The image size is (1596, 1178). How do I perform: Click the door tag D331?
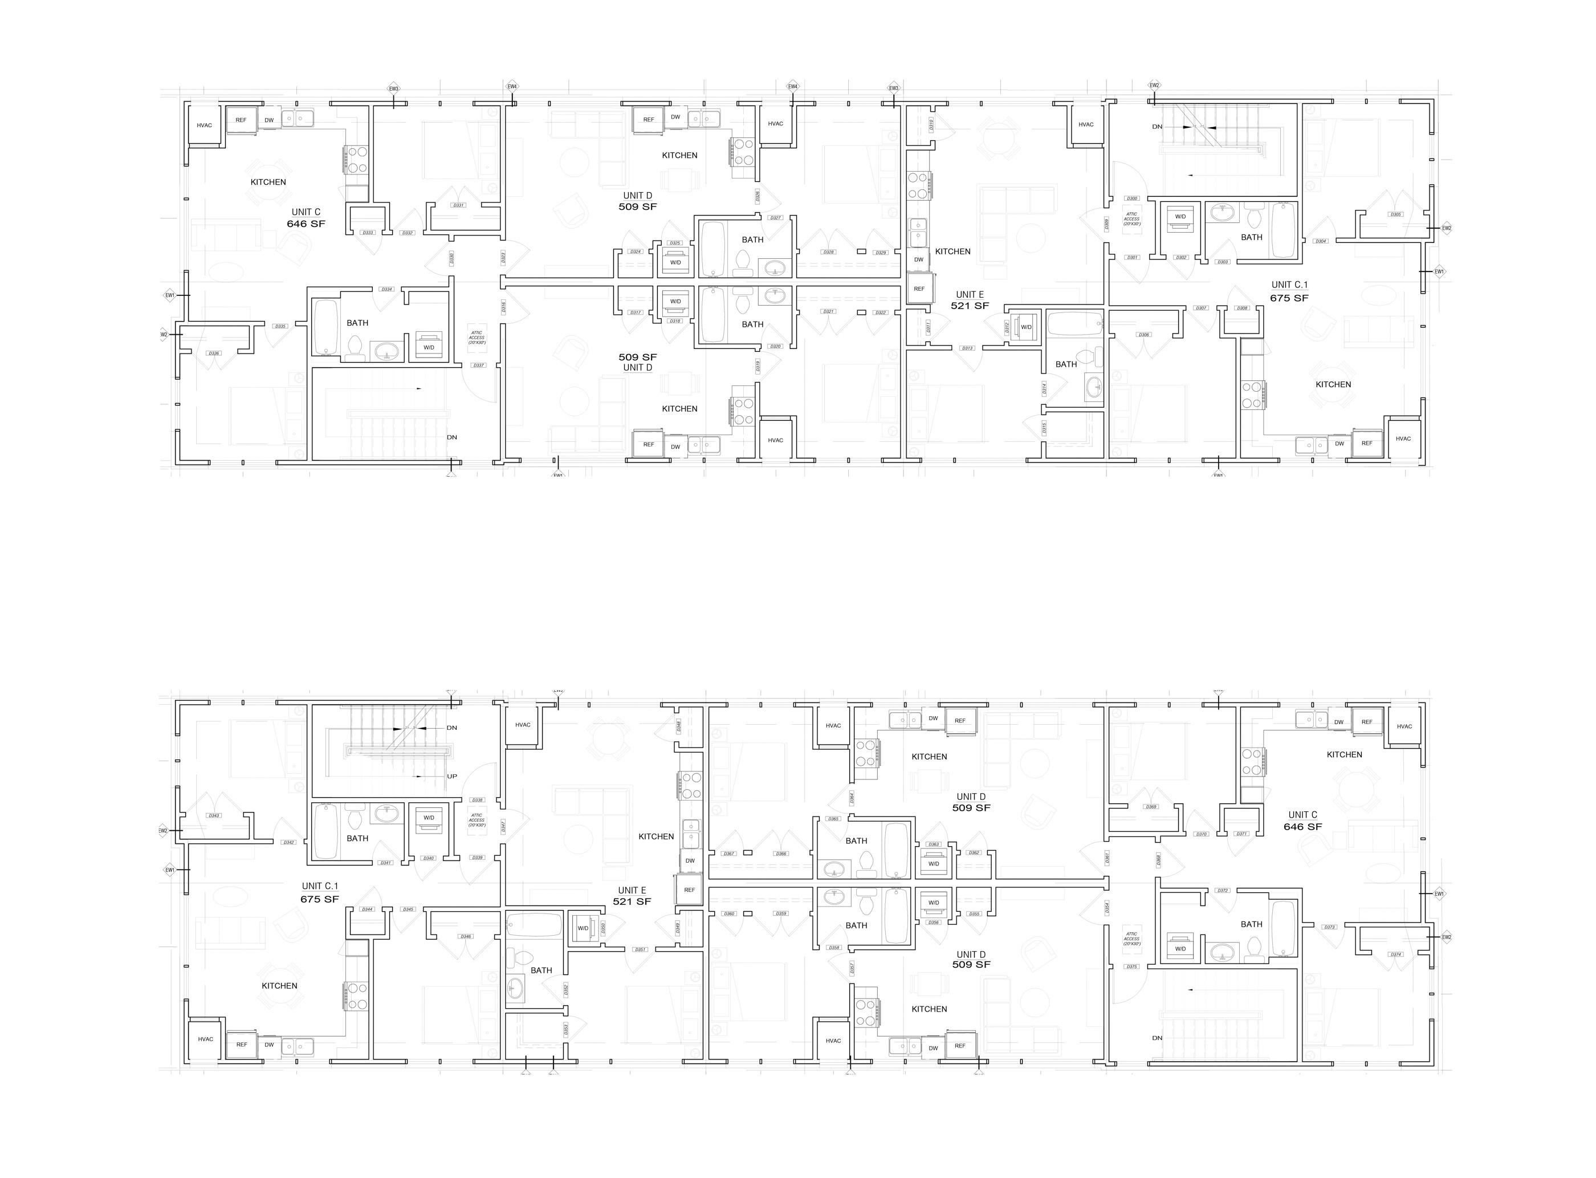click(x=458, y=205)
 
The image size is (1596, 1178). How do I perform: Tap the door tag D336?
click(x=214, y=353)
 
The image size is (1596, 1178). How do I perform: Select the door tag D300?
click(x=1132, y=198)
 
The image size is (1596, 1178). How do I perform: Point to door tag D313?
click(x=967, y=348)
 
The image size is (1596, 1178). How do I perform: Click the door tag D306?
click(x=1144, y=335)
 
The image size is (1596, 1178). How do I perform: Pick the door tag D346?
click(x=466, y=936)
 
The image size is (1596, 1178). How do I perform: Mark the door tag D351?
click(x=640, y=949)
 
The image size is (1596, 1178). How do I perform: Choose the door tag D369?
click(x=1150, y=806)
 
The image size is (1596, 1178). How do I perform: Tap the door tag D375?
click(x=1132, y=967)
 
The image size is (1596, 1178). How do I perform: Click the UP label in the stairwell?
click(x=452, y=777)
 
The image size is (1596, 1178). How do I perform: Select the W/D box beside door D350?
click(x=584, y=928)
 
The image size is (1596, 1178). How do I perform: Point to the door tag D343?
click(x=214, y=815)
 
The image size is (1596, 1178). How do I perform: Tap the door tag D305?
click(x=1396, y=214)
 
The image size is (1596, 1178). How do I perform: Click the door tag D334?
click(x=386, y=289)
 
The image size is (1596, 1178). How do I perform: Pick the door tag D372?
click(x=1223, y=891)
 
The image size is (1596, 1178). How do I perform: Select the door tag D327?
click(x=776, y=217)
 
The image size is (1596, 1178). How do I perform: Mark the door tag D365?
click(x=833, y=819)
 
